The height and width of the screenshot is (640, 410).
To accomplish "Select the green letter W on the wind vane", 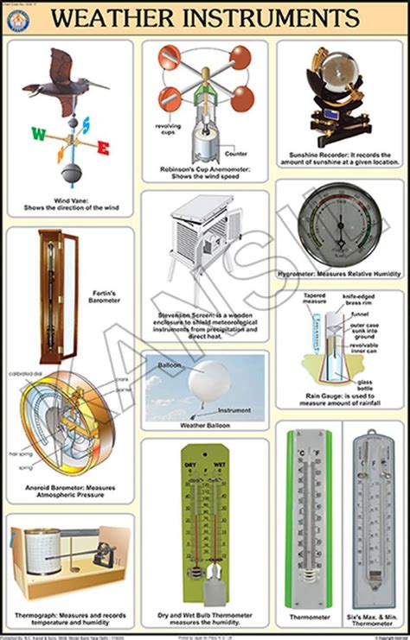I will [38, 133].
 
